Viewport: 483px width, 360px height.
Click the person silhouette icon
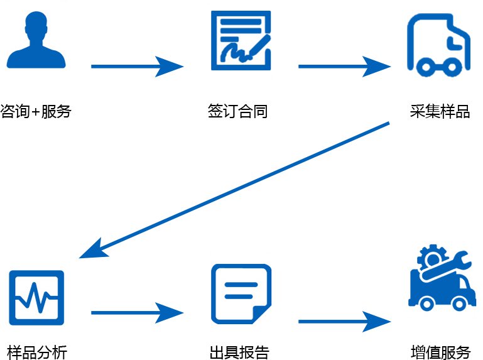point(35,40)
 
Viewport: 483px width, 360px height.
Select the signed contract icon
point(241,40)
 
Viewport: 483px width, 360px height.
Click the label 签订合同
point(238,112)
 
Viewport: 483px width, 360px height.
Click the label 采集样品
point(440,112)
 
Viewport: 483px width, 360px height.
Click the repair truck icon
point(439,280)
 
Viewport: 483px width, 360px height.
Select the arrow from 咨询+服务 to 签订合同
point(137,65)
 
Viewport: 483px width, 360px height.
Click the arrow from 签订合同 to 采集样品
point(344,65)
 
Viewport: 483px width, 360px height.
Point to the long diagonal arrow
point(236,189)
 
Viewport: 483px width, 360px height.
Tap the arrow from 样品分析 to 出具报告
point(137,312)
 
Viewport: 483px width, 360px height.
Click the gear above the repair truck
point(431,258)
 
